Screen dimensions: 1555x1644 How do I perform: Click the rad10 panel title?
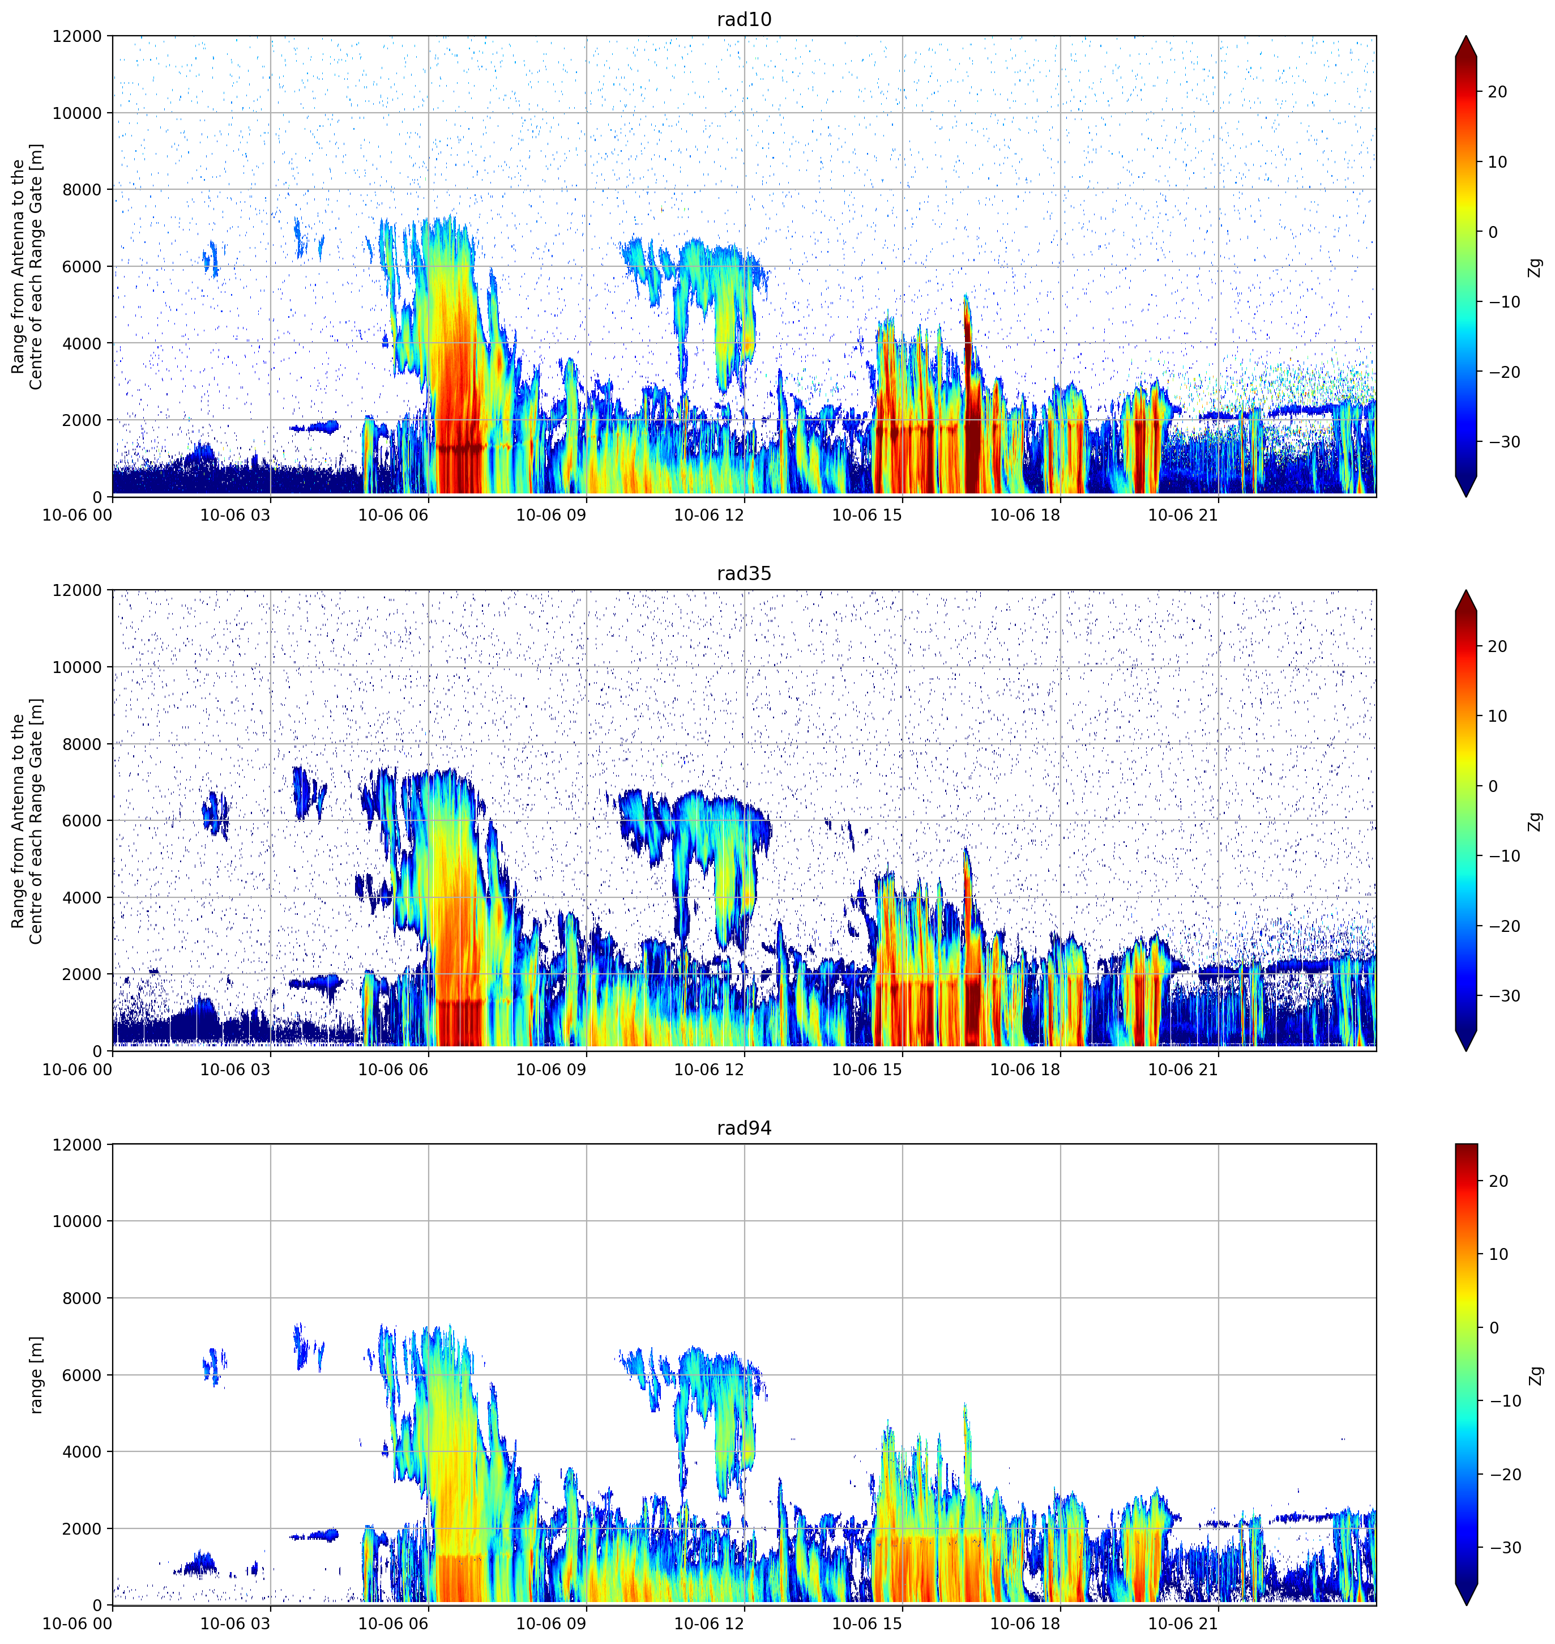(x=744, y=20)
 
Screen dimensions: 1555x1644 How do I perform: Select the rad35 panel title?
(x=744, y=574)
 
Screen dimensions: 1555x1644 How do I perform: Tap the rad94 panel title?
(x=744, y=1128)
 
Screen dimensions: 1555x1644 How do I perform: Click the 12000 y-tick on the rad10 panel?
(x=77, y=36)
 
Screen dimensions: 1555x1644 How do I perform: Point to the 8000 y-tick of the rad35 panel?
(x=82, y=744)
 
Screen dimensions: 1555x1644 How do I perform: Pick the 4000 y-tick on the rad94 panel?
(x=82, y=1451)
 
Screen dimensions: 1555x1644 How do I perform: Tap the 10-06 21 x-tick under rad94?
(x=1183, y=1623)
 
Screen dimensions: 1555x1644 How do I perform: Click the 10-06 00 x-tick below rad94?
(x=77, y=1623)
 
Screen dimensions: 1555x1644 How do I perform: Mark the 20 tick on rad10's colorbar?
(x=1497, y=92)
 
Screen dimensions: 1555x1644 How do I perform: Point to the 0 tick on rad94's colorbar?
(x=1494, y=1328)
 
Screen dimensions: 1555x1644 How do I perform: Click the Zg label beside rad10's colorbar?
(x=1535, y=267)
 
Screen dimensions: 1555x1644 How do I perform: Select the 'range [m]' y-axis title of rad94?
(x=36, y=1374)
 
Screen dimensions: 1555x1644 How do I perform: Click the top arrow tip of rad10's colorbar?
(x=1466, y=36)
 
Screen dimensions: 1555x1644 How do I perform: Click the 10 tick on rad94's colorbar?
(x=1497, y=1254)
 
